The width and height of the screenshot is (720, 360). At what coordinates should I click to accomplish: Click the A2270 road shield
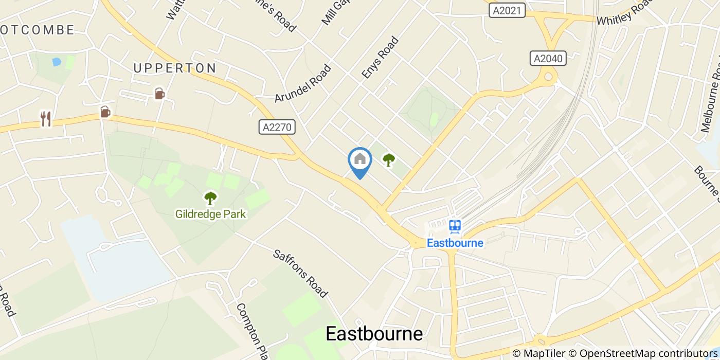coord(277,127)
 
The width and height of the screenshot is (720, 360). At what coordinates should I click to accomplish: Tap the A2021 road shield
coord(507,10)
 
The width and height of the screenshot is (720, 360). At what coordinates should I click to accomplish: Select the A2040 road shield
coord(548,58)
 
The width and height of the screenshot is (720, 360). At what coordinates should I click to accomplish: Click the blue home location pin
coord(360,161)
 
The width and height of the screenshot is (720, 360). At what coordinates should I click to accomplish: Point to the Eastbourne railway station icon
coord(455,226)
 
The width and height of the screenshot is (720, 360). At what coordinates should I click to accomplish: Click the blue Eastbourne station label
coord(455,243)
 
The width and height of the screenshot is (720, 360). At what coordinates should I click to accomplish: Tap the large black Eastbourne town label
coord(374,334)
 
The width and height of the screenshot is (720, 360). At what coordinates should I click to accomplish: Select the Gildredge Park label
coord(210,213)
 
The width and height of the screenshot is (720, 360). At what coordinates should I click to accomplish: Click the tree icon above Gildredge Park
coord(210,197)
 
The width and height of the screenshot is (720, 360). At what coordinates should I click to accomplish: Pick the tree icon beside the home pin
coord(389,160)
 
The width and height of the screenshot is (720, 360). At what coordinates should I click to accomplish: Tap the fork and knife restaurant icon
coord(46,119)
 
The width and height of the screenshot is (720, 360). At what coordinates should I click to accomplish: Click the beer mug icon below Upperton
coord(159,94)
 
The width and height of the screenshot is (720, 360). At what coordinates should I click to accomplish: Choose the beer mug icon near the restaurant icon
coord(105,112)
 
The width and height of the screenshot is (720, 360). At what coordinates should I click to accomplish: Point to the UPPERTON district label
coord(175,68)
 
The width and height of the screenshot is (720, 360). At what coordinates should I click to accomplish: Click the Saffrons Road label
coord(300,274)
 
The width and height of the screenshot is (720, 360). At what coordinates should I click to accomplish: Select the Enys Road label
coord(380,57)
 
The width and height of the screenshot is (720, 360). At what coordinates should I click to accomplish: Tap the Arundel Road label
coord(303,83)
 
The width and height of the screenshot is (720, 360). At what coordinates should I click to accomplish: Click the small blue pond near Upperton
coord(57,62)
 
